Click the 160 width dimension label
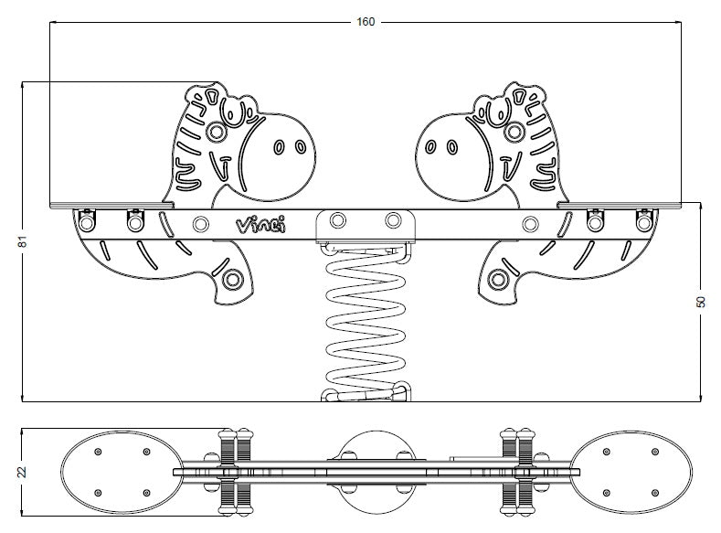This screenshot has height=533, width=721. pyautogui.click(x=366, y=22)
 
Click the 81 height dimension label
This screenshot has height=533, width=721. pyautogui.click(x=23, y=241)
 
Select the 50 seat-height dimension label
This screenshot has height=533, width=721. pyautogui.click(x=701, y=302)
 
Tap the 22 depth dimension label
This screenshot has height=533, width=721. pyautogui.click(x=23, y=472)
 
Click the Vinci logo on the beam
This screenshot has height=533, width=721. pyautogui.click(x=260, y=225)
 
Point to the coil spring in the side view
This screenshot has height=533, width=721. pyautogui.click(x=366, y=322)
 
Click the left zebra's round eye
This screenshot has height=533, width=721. pyautogui.click(x=216, y=133)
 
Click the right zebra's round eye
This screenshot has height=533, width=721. pyautogui.click(x=514, y=133)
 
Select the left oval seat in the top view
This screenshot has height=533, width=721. pyautogui.click(x=122, y=473)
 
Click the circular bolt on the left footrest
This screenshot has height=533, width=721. pyautogui.click(x=232, y=279)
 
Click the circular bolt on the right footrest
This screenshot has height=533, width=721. pyautogui.click(x=498, y=279)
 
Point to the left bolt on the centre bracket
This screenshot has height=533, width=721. pyautogui.click(x=338, y=220)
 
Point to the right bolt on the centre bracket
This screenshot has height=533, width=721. pyautogui.click(x=393, y=220)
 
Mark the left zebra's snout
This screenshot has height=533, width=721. pyautogui.click(x=279, y=156)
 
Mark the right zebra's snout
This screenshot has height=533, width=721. pyautogui.click(x=453, y=156)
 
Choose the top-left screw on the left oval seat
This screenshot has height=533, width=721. pyautogui.click(x=98, y=452)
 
